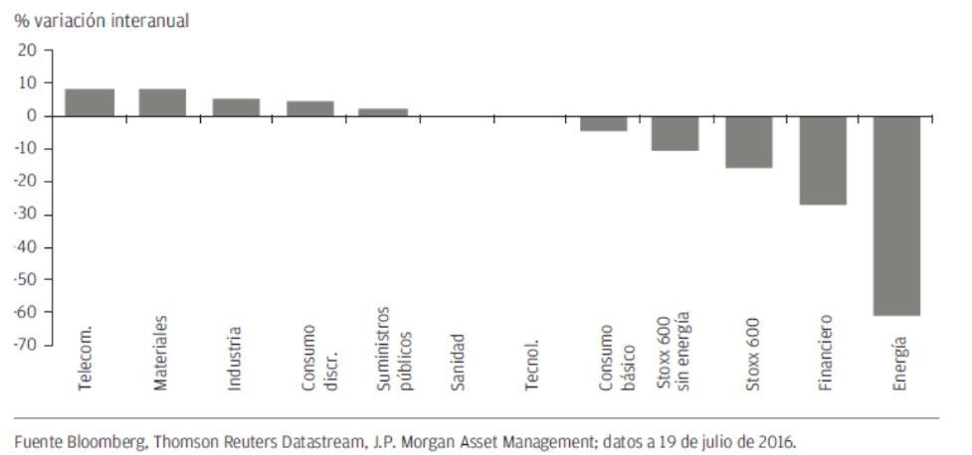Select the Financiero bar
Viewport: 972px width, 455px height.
click(x=823, y=160)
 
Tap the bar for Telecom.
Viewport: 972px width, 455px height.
click(x=90, y=102)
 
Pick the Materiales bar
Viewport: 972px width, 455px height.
click(x=162, y=102)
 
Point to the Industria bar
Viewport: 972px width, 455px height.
click(x=236, y=107)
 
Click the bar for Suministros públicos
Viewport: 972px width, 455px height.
click(x=383, y=112)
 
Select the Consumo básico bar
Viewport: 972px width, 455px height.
click(x=603, y=123)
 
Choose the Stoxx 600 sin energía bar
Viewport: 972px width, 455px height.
click(x=676, y=133)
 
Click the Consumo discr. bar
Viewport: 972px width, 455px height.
click(x=309, y=108)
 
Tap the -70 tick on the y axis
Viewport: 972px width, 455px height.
click(x=26, y=345)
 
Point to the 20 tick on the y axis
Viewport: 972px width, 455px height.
click(x=28, y=51)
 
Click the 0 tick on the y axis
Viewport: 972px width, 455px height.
click(x=32, y=116)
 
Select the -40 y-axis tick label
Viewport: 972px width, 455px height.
click(x=26, y=246)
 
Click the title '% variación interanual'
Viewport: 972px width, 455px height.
click(x=101, y=20)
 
